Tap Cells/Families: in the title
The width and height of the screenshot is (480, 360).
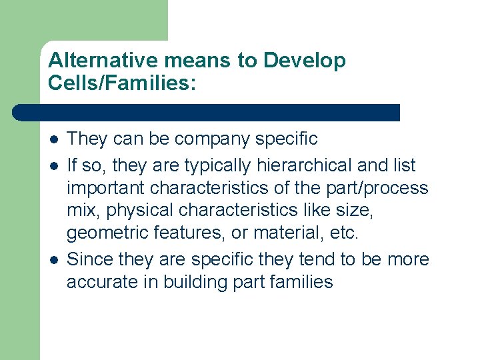(123, 83)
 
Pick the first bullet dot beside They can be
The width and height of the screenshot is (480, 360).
(53, 139)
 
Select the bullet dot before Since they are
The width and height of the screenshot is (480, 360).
(53, 259)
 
